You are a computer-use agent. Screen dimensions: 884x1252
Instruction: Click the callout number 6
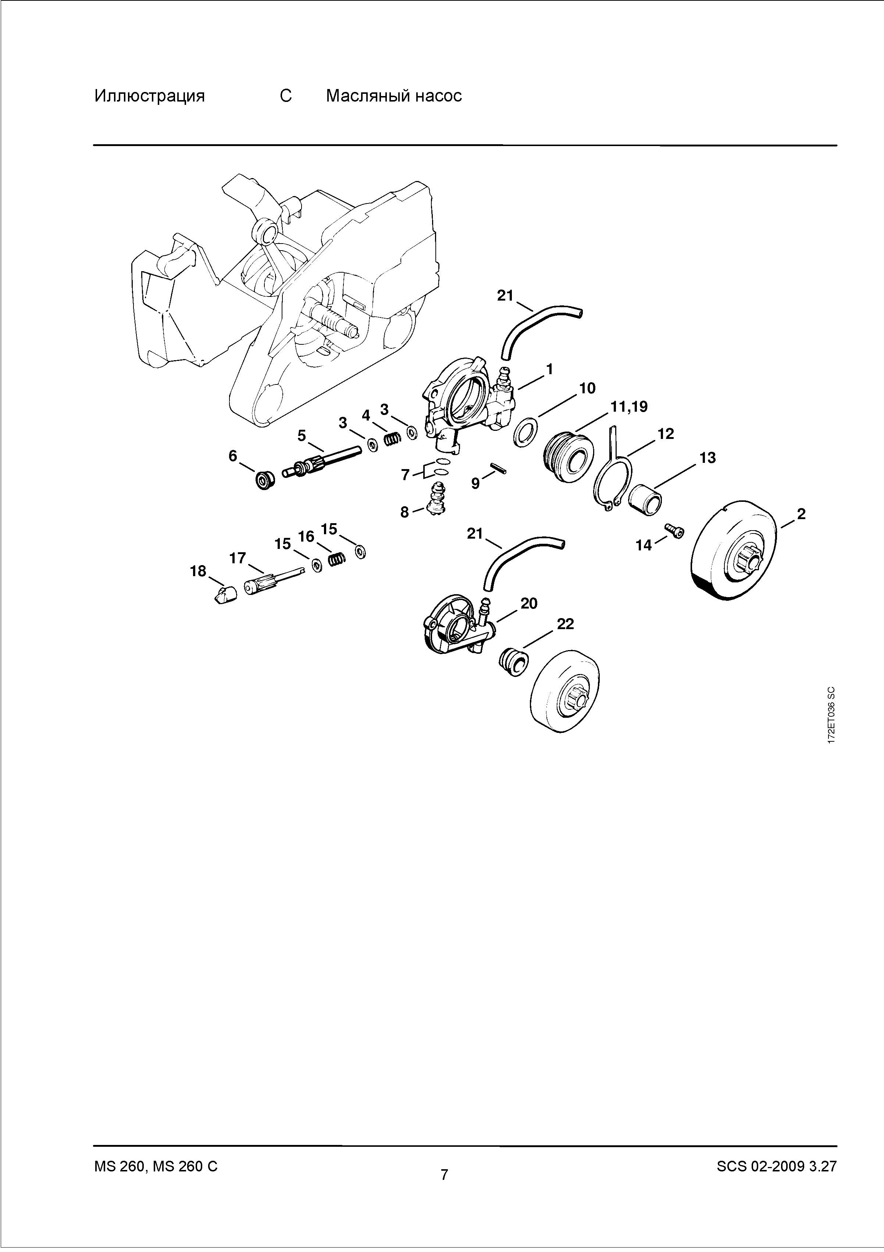(x=233, y=456)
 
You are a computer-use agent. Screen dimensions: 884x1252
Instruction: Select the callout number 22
(x=565, y=624)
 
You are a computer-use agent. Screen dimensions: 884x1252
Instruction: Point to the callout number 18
(x=198, y=571)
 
